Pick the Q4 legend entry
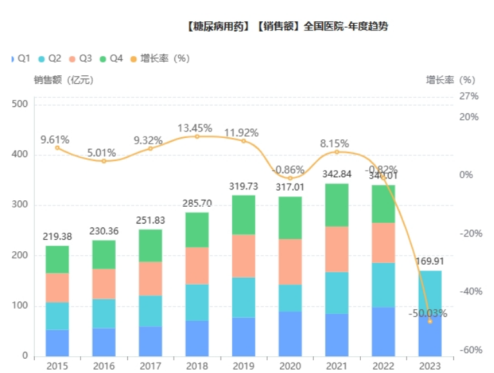(111, 59)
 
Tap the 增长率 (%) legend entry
(160, 59)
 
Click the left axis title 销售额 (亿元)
(64, 81)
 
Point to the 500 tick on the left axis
(21, 104)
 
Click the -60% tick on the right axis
(470, 350)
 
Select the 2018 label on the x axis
(197, 365)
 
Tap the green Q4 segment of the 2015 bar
(57, 259)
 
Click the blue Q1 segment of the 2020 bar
(290, 334)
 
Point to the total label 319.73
(244, 186)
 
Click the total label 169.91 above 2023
(430, 262)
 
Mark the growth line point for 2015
(57, 148)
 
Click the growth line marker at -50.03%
(430, 321)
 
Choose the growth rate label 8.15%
(337, 143)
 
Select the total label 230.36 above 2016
(104, 231)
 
